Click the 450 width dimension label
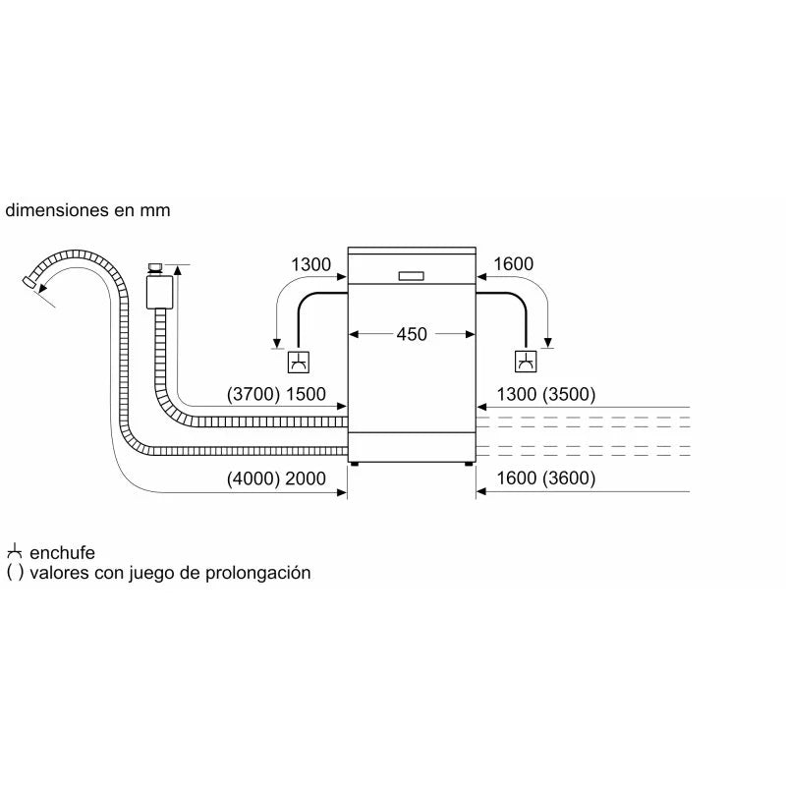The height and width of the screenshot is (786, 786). click(412, 334)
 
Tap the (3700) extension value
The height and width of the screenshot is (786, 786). click(253, 394)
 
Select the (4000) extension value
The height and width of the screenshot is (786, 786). click(253, 478)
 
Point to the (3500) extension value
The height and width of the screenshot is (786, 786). click(569, 395)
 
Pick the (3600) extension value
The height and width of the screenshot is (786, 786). click(569, 478)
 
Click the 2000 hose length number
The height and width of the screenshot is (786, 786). click(306, 478)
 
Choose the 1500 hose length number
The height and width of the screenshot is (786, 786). click(306, 394)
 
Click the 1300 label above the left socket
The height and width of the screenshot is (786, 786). click(310, 264)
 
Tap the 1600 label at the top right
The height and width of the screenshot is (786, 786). click(513, 263)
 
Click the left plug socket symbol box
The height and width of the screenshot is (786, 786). click(299, 362)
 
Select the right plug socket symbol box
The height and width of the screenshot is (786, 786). click(526, 362)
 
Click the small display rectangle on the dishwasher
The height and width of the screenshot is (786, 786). click(411, 276)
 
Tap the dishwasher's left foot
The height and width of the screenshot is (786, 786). click(355, 464)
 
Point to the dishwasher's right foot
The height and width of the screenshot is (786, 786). click(469, 464)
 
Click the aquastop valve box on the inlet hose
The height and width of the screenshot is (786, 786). click(159, 292)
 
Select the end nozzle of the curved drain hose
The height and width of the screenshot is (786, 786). click(29, 282)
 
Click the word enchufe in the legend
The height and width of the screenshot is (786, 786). click(62, 552)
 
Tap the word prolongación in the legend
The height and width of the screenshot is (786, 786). click(258, 573)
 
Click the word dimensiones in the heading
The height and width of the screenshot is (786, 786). click(57, 209)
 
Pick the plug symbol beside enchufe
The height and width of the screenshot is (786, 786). click(15, 551)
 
